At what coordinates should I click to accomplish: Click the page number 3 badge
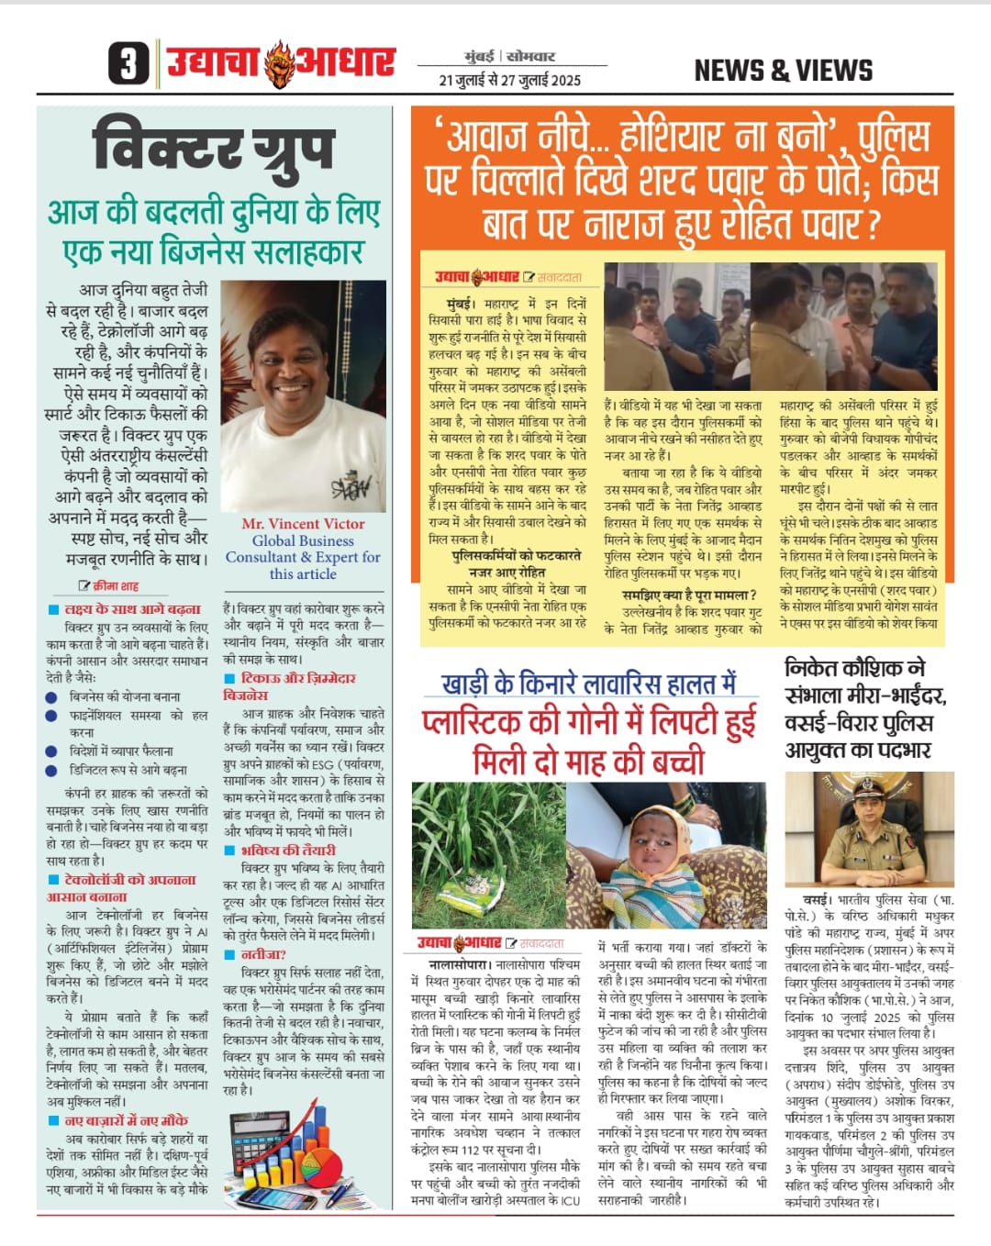tap(128, 64)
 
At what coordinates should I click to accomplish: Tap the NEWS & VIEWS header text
tap(783, 71)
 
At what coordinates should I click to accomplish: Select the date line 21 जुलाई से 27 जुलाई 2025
tap(509, 80)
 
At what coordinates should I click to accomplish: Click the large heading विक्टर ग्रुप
tap(213, 149)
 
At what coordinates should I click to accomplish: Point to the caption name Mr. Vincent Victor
tap(303, 524)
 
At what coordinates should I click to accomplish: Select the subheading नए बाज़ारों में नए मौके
tap(126, 1120)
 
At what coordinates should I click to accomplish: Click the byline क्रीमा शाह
tap(116, 585)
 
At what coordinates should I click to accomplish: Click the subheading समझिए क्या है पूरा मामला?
tap(689, 595)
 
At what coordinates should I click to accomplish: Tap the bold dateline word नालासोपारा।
tap(460, 965)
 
